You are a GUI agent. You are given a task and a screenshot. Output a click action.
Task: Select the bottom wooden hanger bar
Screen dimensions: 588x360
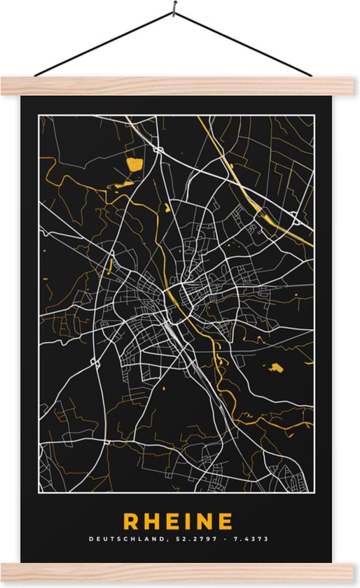click(180, 573)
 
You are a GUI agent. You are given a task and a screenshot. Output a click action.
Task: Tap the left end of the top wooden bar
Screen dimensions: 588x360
click(6, 86)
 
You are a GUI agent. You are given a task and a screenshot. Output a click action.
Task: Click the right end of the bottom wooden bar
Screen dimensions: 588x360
click(354, 573)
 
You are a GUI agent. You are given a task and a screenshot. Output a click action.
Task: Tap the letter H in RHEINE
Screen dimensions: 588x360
click(152, 521)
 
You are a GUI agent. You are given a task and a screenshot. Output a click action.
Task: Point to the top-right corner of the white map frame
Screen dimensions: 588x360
click(314, 115)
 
